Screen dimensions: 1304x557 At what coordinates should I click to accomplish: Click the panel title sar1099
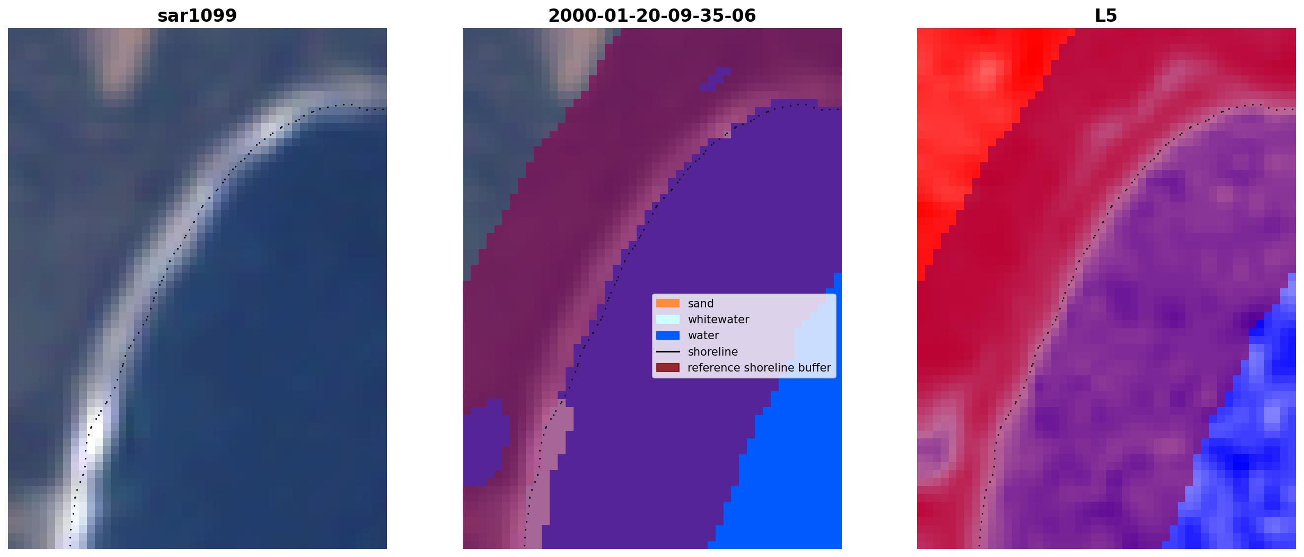(x=197, y=15)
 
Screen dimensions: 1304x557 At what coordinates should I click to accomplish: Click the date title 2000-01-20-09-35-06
(x=652, y=15)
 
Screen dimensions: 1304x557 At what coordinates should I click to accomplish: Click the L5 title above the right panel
(x=1106, y=15)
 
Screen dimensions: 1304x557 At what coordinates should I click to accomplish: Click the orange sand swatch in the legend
(x=668, y=303)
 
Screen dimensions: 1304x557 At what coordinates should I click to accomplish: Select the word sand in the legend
(x=701, y=304)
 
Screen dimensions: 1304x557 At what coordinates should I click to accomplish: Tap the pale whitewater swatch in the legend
(x=668, y=319)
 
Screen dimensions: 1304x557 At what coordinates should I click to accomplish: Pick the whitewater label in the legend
(x=718, y=320)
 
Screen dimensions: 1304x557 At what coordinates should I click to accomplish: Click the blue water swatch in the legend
(x=668, y=335)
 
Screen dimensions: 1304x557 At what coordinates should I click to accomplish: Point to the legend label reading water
(x=703, y=335)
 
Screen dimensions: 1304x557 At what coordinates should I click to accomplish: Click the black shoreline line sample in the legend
(x=668, y=351)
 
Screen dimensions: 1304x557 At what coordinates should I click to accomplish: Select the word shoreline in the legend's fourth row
(x=713, y=352)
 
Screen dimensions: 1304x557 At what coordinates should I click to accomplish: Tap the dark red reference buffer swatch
(x=668, y=368)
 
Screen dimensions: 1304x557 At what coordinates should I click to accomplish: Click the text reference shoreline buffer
(x=759, y=368)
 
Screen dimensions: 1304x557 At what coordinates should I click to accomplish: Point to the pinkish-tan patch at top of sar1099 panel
(x=123, y=58)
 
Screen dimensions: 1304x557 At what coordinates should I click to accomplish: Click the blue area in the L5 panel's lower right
(x=1246, y=450)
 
